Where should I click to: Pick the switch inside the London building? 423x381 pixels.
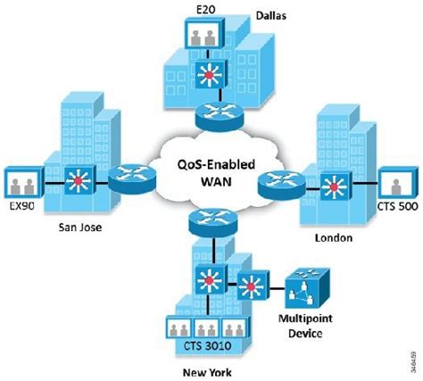333,188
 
